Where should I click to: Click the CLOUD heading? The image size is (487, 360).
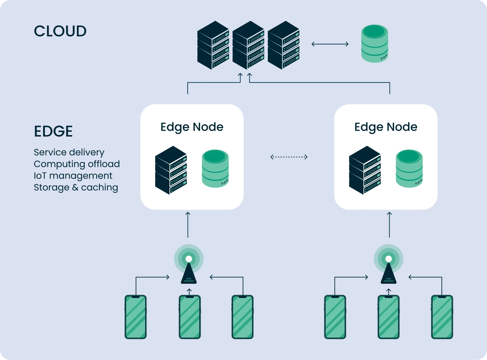(60, 31)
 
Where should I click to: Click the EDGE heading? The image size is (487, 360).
(53, 131)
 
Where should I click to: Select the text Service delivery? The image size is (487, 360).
(69, 152)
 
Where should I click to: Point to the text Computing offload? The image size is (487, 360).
(77, 164)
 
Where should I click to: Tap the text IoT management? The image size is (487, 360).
(73, 176)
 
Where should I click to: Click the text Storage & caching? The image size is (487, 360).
(76, 187)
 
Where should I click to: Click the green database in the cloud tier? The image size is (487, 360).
(375, 44)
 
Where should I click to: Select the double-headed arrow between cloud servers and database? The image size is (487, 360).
(330, 44)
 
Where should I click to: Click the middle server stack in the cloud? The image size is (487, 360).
(248, 45)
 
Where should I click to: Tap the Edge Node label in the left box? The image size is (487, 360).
(192, 127)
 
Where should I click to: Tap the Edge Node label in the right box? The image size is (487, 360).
(386, 127)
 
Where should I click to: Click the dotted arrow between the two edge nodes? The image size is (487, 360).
(289, 157)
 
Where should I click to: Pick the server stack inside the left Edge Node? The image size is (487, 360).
(171, 170)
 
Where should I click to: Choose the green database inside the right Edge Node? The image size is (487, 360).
(409, 168)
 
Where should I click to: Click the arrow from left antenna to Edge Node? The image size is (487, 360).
(188, 225)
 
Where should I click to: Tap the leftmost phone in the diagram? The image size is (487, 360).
(136, 317)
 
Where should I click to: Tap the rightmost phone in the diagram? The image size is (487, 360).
(442, 317)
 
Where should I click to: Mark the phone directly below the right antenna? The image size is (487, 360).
(389, 317)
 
